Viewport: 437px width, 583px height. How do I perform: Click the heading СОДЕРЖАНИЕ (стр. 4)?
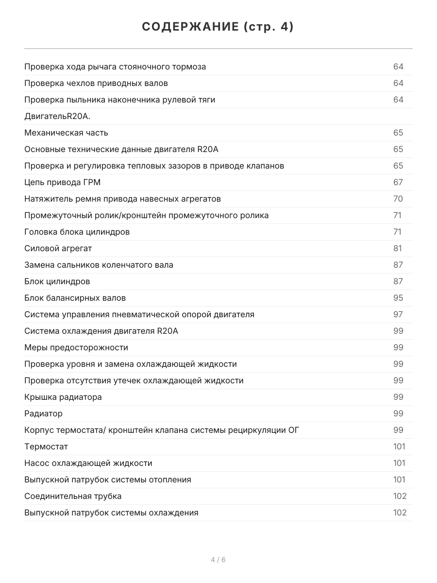point(218,27)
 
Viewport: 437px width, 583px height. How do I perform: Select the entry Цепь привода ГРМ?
point(63,182)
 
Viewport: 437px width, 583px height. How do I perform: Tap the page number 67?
point(398,182)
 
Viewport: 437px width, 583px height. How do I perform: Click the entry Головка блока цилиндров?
point(77,232)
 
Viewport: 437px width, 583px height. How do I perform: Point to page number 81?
point(398,248)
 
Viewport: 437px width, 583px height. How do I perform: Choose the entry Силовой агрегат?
point(58,248)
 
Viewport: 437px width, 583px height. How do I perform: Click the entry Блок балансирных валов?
point(75,298)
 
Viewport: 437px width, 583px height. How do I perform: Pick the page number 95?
point(398,298)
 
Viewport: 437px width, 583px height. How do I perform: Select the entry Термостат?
point(46,446)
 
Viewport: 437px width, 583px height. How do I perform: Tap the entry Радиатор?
point(43,413)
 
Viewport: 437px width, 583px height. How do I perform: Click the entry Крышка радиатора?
point(63,397)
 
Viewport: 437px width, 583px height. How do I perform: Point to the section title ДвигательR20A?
point(57,116)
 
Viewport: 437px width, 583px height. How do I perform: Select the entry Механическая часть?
point(66,133)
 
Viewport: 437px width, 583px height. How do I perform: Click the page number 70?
point(398,199)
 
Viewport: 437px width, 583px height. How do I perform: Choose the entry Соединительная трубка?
point(73,496)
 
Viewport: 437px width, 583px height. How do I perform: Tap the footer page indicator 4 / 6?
point(218,560)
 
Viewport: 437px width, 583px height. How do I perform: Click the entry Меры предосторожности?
point(76,347)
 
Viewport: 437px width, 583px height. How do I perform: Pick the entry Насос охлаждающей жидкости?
point(88,463)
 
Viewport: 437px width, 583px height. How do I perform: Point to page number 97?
point(398,314)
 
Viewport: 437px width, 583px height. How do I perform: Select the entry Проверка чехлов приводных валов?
point(96,83)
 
